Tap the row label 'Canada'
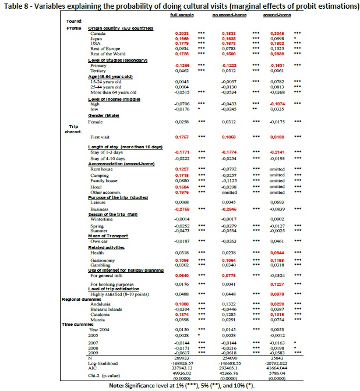pos(96,34)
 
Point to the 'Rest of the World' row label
pos(105,54)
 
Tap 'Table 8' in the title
pos(14,6)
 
